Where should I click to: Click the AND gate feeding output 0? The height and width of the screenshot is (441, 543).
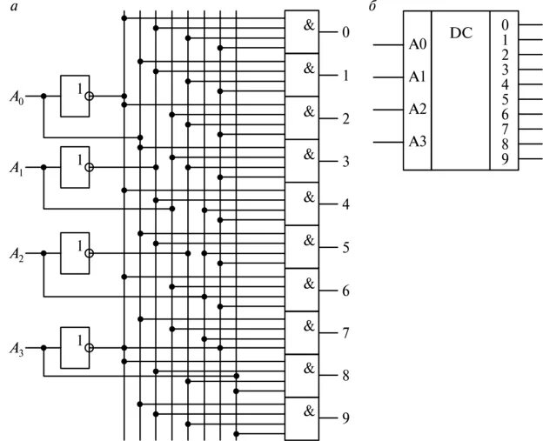(305, 33)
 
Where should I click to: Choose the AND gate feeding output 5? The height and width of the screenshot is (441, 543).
(305, 247)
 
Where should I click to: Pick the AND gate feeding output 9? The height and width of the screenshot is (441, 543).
(305, 418)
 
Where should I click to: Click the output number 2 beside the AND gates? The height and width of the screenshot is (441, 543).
(345, 118)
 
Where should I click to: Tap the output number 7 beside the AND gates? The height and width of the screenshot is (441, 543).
(345, 333)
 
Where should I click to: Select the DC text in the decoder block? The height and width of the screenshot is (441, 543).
(461, 32)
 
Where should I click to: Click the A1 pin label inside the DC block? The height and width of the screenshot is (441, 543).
(418, 77)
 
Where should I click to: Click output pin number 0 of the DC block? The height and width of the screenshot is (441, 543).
(505, 24)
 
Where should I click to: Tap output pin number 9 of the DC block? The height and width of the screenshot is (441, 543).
(505, 158)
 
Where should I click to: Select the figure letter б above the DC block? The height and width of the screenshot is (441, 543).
(373, 6)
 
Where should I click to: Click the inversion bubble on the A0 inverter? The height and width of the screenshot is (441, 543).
(89, 97)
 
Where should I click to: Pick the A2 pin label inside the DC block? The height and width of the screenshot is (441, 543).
(418, 110)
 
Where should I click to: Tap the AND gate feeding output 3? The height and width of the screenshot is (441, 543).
(305, 161)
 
